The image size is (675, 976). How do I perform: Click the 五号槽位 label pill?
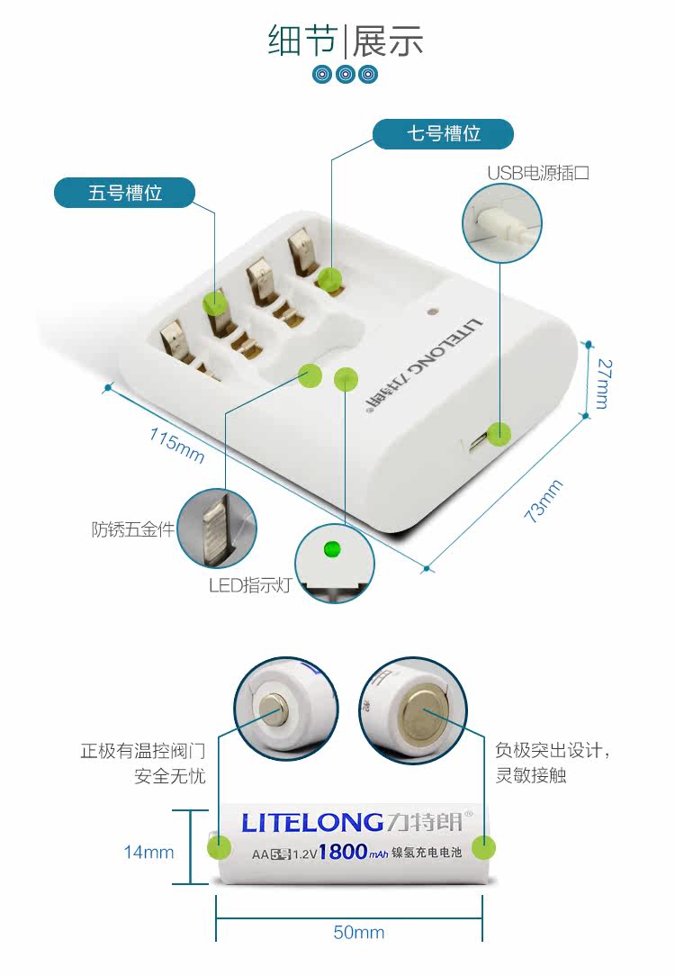[x=124, y=193]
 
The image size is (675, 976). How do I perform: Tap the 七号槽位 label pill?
[x=443, y=134]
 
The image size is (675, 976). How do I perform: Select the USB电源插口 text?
[x=538, y=173]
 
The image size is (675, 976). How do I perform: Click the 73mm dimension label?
[x=543, y=501]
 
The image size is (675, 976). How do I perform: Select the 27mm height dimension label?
[x=601, y=384]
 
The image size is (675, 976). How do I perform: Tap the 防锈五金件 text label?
[x=132, y=529]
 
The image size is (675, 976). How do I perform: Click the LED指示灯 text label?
[x=250, y=585]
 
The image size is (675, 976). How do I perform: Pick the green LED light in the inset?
[x=330, y=547]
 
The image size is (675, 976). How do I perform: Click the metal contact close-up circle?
[x=216, y=529]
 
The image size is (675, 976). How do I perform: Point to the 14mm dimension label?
[x=148, y=852]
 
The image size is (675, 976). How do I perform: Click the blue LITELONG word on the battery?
[x=312, y=821]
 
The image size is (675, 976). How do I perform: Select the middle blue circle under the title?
[x=346, y=74]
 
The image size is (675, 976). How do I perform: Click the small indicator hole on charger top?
[x=433, y=312]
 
